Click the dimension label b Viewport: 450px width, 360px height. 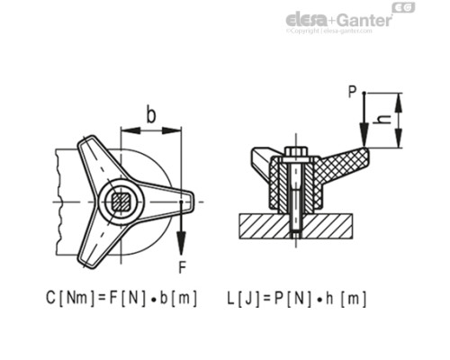150,114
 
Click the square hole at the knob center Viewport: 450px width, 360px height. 120,199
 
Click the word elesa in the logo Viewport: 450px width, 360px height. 309,19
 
